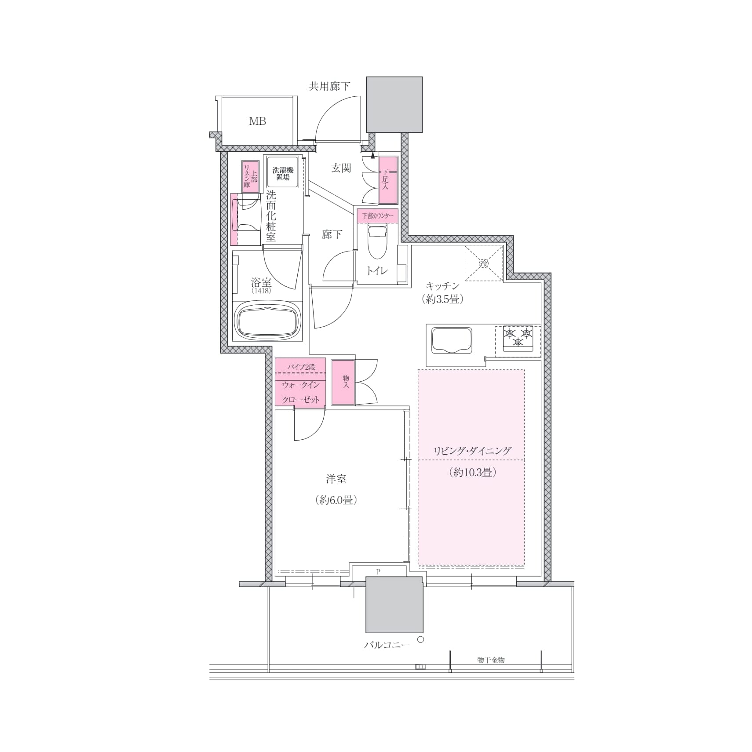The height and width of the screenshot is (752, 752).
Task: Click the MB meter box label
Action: (x=257, y=121)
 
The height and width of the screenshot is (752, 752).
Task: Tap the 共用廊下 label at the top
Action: (x=329, y=86)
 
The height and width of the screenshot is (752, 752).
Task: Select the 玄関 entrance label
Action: (x=341, y=168)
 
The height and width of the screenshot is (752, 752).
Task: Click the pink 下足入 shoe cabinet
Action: (x=388, y=180)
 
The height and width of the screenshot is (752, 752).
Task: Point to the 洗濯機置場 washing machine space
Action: (x=283, y=174)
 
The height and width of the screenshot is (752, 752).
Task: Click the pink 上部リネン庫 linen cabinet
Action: (x=250, y=177)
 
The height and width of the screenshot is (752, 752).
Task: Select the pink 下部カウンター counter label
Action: (x=378, y=216)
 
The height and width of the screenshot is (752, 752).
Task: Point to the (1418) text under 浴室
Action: (x=261, y=291)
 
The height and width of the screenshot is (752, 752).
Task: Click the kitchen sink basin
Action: (x=452, y=340)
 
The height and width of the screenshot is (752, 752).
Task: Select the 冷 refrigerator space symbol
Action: (x=484, y=263)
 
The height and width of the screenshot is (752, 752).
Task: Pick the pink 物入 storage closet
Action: (x=343, y=382)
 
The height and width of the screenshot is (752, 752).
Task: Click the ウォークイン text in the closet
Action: (x=301, y=385)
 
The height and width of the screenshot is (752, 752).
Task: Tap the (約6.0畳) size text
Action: (x=336, y=500)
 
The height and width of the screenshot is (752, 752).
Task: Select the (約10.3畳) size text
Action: (x=473, y=473)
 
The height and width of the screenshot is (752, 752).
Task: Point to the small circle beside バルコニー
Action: (x=421, y=640)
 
